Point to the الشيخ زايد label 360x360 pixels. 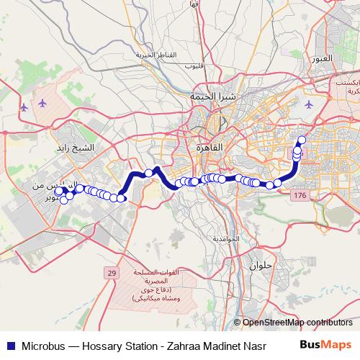[74, 127]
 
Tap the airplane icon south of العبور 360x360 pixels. [310, 106]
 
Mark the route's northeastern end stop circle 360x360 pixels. [302, 120]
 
